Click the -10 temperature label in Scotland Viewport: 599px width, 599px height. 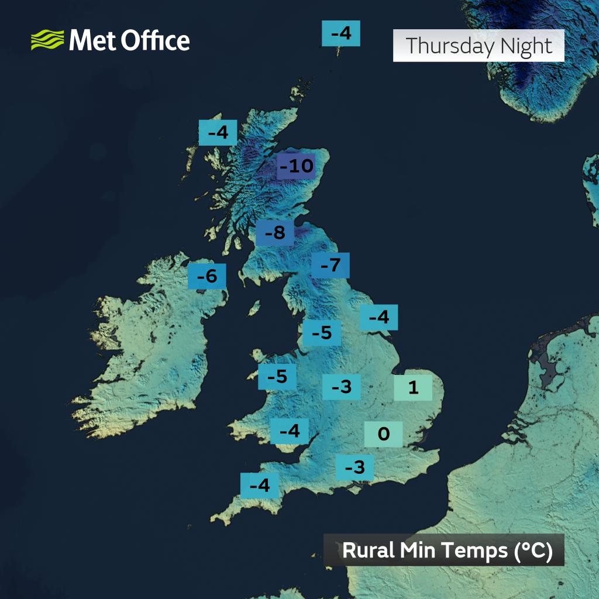click(296, 167)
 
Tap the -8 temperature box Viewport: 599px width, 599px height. click(275, 233)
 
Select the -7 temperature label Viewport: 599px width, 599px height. click(331, 266)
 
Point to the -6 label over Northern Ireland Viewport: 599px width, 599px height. click(207, 276)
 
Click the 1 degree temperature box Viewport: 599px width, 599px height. click(413, 388)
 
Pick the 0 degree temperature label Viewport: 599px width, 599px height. click(384, 434)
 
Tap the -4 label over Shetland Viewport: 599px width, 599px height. click(341, 33)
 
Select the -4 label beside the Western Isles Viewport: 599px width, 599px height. click(218, 133)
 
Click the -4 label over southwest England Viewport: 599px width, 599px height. click(260, 486)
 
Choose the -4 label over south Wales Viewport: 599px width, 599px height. click(290, 432)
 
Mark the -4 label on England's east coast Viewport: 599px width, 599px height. click(379, 318)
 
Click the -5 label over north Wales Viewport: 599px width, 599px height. click(277, 377)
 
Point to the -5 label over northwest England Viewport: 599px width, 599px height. click(322, 333)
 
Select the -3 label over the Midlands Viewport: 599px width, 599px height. click(341, 387)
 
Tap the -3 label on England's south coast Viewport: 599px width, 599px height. click(355, 467)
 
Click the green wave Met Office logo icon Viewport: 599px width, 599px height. click(47, 41)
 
